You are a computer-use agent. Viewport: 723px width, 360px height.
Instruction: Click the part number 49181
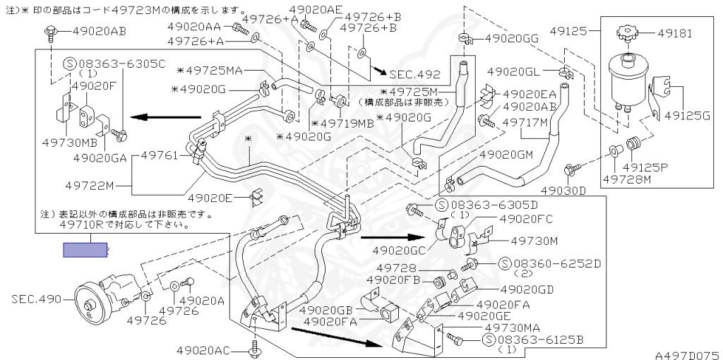[x=676, y=32]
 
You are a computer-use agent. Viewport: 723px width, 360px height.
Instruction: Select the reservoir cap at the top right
[x=626, y=32]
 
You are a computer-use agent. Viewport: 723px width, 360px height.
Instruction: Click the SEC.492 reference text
[x=414, y=74]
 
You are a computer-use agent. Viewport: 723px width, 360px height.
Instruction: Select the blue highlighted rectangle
[x=85, y=249]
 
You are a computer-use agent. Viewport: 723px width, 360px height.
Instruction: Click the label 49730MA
[x=513, y=328]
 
